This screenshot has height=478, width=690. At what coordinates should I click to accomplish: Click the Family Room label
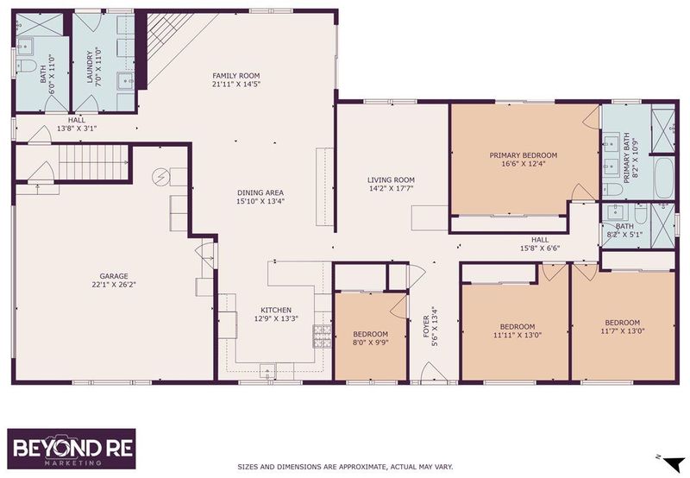236,76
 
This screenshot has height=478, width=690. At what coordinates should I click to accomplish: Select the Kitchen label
276,311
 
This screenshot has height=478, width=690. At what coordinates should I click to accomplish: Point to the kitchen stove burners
322,336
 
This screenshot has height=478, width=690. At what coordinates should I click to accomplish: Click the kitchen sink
267,372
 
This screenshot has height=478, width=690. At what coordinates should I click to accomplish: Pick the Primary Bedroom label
524,155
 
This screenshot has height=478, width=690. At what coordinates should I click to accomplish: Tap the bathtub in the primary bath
664,178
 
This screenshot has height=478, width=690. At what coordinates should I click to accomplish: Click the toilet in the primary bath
612,190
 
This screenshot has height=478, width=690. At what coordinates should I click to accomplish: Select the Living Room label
391,180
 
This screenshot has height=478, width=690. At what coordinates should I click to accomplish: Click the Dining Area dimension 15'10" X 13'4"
260,201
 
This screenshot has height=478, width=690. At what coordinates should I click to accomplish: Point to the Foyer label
426,327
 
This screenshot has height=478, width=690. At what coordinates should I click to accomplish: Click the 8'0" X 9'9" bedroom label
371,343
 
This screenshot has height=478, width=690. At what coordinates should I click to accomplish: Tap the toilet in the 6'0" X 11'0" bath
27,66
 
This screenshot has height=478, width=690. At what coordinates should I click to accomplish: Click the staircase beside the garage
93,163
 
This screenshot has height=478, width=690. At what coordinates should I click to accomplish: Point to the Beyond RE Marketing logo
72,449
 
